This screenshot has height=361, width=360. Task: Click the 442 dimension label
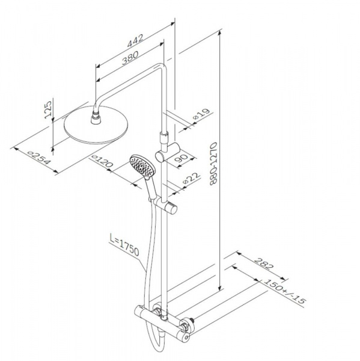(135, 41)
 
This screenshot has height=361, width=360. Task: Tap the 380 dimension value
(130, 58)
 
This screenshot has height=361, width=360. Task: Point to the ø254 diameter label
(38, 158)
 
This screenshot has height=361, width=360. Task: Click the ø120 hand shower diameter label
(102, 161)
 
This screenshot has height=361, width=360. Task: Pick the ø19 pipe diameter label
(202, 114)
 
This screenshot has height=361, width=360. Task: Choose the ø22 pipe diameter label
(191, 179)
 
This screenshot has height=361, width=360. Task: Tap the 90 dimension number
(183, 160)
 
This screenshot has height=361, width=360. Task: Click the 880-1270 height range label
(213, 164)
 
